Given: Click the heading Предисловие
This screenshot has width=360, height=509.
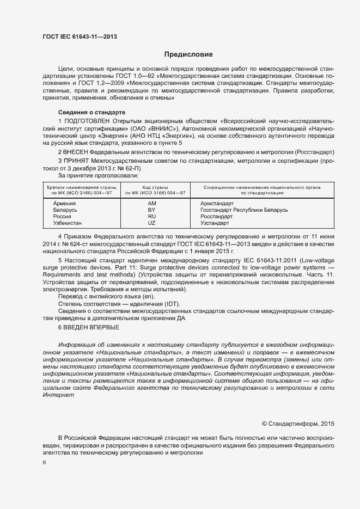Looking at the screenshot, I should (188, 54).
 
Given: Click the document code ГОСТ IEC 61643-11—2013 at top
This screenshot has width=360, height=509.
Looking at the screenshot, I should (79, 36).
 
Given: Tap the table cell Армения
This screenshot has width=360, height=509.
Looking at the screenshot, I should (64, 203).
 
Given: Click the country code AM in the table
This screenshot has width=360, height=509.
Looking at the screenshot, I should (152, 203).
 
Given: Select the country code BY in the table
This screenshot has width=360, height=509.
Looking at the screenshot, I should (152, 210).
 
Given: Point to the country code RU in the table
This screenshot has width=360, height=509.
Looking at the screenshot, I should (152, 216).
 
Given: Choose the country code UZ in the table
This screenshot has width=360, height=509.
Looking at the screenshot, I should (152, 223).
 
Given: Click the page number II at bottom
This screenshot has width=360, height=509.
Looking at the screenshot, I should (44, 462).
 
